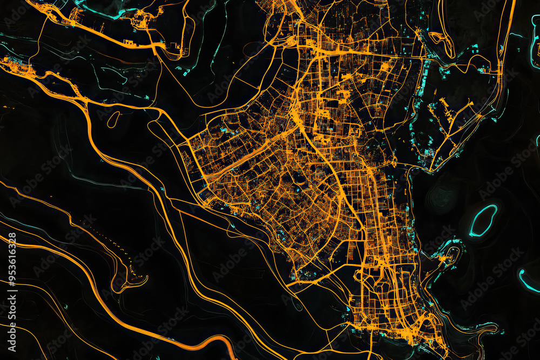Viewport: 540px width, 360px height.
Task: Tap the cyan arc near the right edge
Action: point(526,281)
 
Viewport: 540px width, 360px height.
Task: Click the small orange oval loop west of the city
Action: point(113,119)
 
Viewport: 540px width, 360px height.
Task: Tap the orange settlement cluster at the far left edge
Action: point(13,65)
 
